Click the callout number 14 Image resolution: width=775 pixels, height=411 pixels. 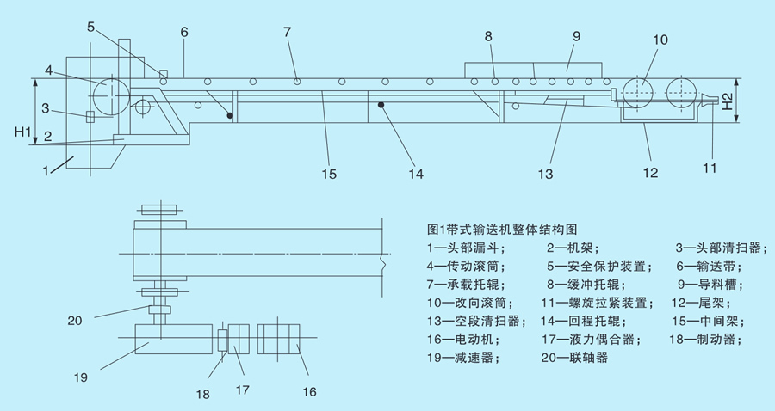click(x=416, y=174)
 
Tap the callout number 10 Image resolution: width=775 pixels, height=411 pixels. click(x=660, y=40)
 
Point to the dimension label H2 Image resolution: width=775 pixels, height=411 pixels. click(x=728, y=101)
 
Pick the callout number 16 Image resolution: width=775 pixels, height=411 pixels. click(x=307, y=392)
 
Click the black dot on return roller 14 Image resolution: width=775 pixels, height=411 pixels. click(x=380, y=104)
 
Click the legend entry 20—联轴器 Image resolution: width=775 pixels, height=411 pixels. click(x=577, y=357)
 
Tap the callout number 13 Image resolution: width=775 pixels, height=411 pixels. click(x=545, y=174)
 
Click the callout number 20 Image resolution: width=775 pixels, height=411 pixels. click(x=78, y=320)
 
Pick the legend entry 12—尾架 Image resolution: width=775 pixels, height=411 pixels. click(x=706, y=302)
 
